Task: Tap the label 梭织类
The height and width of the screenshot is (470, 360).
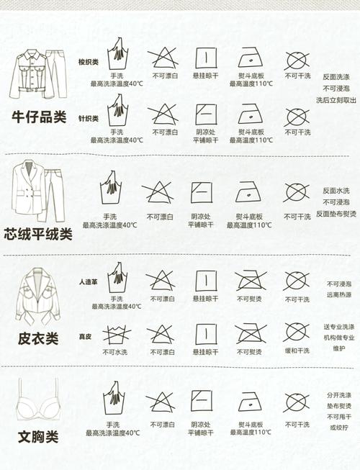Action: point(88,63)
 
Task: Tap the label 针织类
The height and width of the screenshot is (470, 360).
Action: point(88,118)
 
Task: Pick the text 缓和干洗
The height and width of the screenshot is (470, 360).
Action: point(296,351)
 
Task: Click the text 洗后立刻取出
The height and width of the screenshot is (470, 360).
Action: point(336,100)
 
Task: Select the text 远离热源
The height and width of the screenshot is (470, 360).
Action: point(339,294)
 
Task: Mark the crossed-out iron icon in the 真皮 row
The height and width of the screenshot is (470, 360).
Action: point(249,335)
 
